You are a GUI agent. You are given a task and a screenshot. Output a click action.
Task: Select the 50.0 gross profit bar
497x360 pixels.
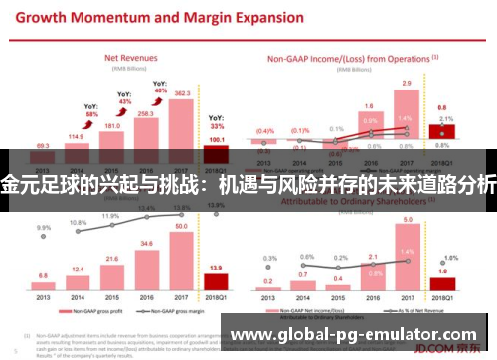181,259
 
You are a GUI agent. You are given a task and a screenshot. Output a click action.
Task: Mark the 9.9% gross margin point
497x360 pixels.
43,227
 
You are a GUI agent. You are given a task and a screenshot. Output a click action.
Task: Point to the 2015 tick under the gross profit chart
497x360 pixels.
111,296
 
